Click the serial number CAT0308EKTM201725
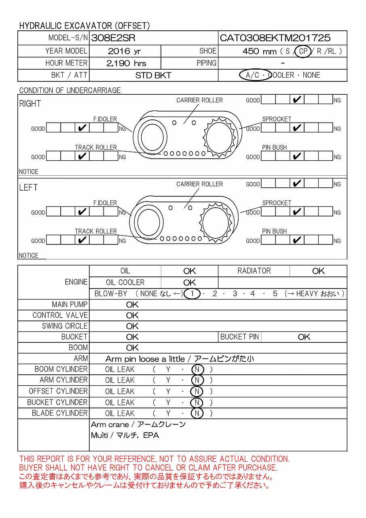click(275, 38)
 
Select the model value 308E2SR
click(113, 38)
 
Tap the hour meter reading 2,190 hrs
click(126, 63)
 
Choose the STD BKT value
click(153, 75)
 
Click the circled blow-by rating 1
click(193, 293)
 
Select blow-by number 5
click(275, 293)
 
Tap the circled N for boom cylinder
click(197, 369)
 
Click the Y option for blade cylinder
click(168, 413)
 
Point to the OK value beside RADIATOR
click(318, 271)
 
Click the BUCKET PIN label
click(239, 337)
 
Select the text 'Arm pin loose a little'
click(145, 359)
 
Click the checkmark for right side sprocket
click(297, 128)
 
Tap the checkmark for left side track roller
click(82, 240)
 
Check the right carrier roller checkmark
click(297, 100)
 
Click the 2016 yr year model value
click(125, 51)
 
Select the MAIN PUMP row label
click(70, 304)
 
